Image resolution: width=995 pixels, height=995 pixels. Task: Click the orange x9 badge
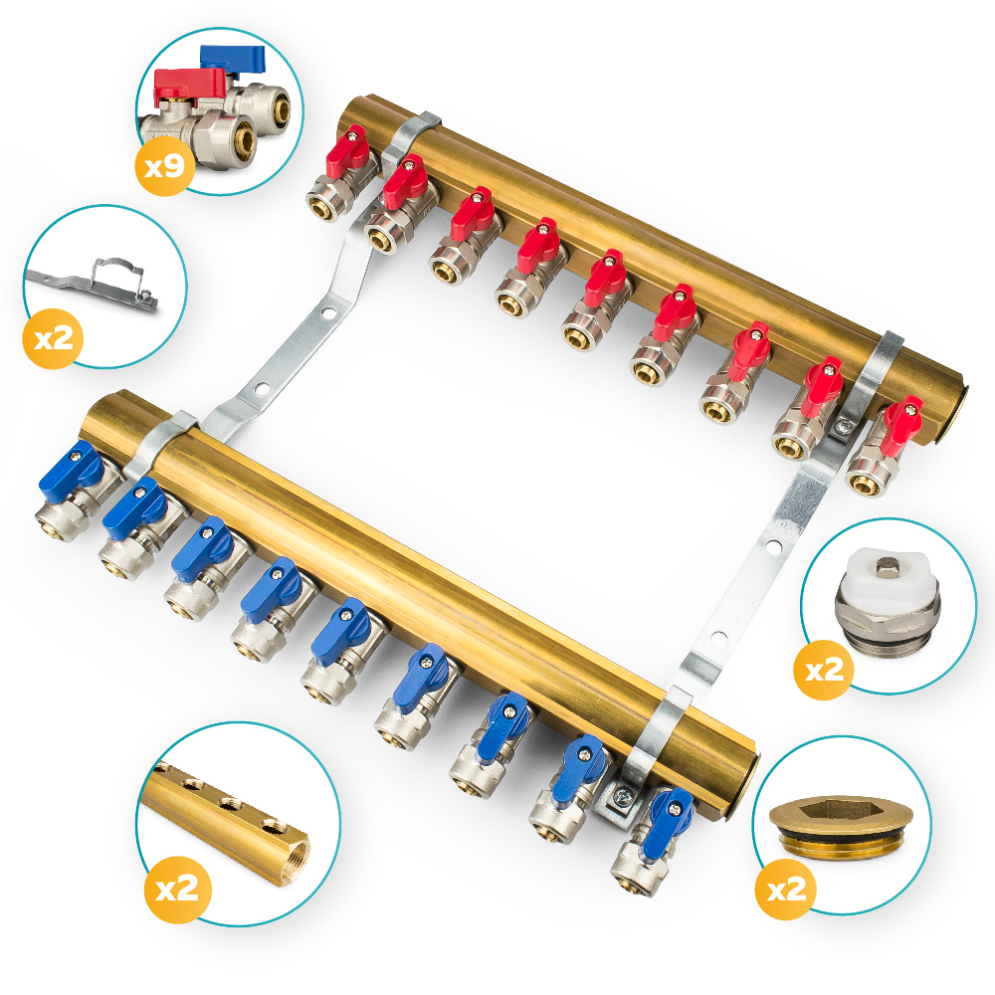click(x=165, y=165)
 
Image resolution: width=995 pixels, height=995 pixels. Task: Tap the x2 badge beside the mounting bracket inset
click(x=54, y=338)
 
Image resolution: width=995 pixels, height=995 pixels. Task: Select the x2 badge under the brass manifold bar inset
click(x=177, y=889)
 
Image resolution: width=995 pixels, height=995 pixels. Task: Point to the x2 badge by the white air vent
click(x=824, y=669)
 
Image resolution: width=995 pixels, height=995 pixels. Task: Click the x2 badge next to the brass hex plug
click(x=786, y=889)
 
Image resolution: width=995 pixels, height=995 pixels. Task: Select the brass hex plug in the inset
click(x=842, y=826)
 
